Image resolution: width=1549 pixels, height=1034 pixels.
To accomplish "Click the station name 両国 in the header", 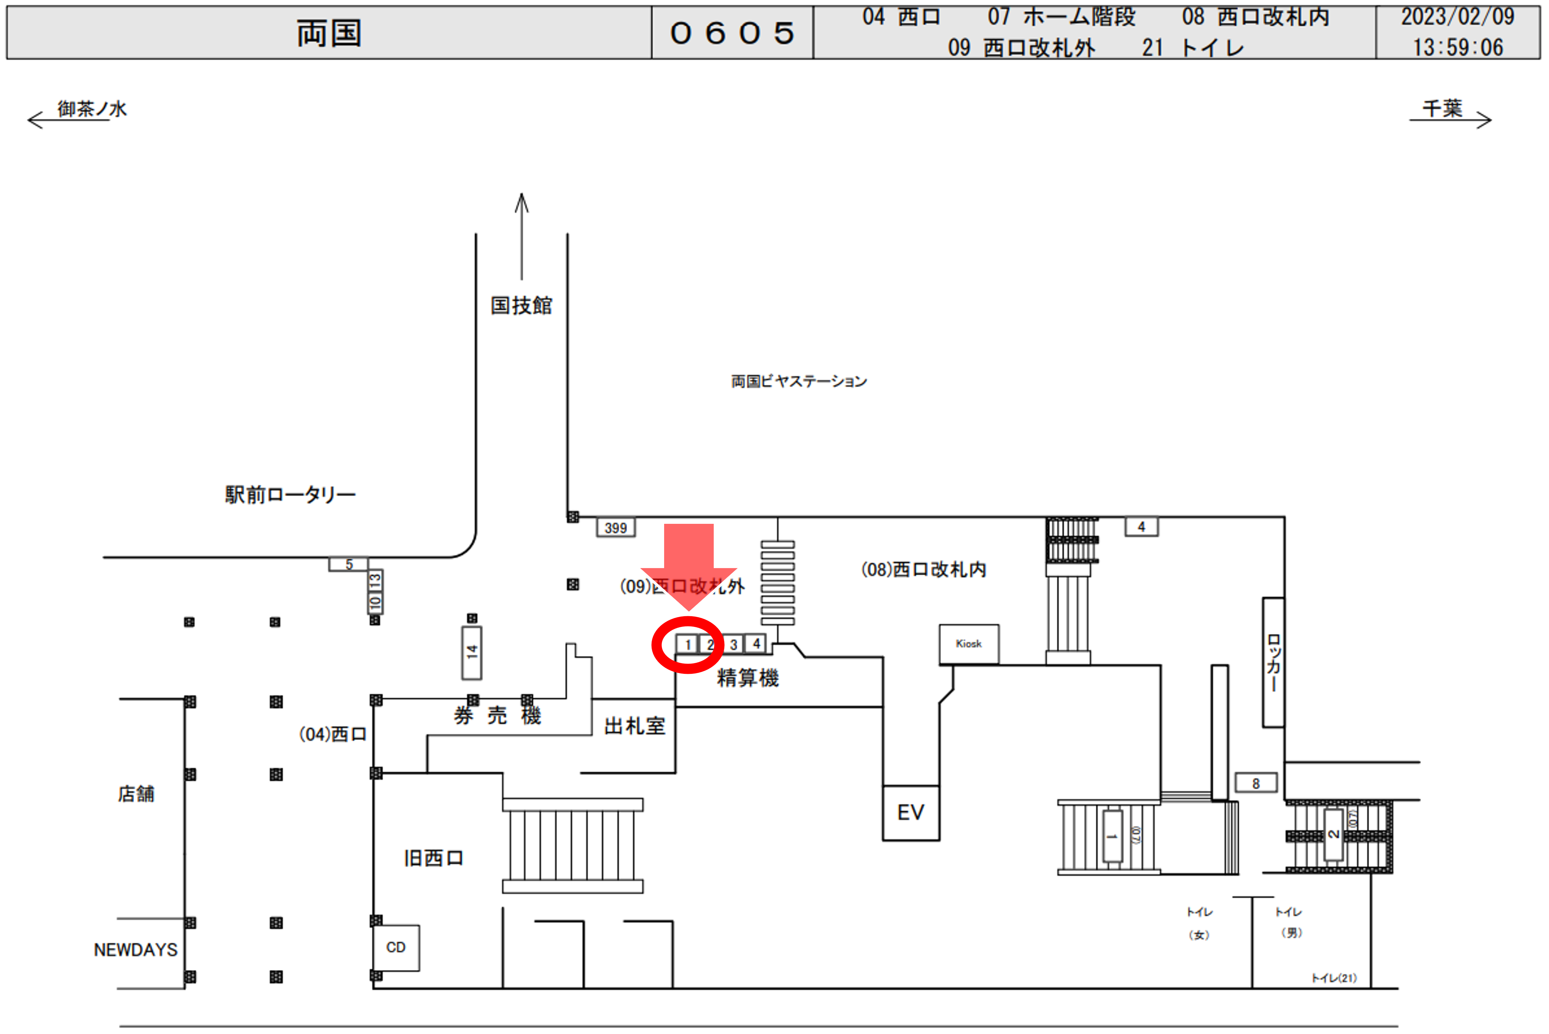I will click(x=328, y=33).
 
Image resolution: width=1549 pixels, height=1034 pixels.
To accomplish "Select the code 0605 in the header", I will click(x=732, y=33).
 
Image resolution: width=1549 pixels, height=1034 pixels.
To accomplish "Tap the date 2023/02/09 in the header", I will click(x=1457, y=17).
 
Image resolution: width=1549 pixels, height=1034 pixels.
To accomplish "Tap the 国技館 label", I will click(x=521, y=305).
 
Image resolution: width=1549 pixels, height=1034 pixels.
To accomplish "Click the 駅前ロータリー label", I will click(x=290, y=495).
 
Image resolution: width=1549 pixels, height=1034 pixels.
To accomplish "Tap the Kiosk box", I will click(x=968, y=644).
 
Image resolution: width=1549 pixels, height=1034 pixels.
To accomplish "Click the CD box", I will click(x=396, y=948).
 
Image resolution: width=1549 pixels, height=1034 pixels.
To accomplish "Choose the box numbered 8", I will click(x=1256, y=783).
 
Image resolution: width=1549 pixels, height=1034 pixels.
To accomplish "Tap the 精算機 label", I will click(x=747, y=678).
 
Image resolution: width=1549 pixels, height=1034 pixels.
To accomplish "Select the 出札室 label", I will click(x=634, y=726).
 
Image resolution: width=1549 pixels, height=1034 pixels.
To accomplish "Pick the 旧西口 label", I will click(x=433, y=858).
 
